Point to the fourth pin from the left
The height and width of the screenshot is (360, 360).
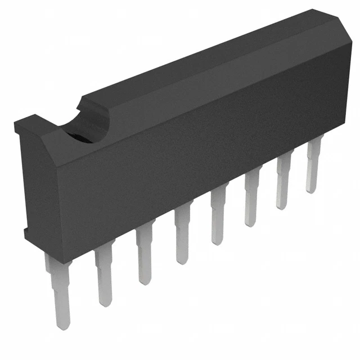pos(181,236)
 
